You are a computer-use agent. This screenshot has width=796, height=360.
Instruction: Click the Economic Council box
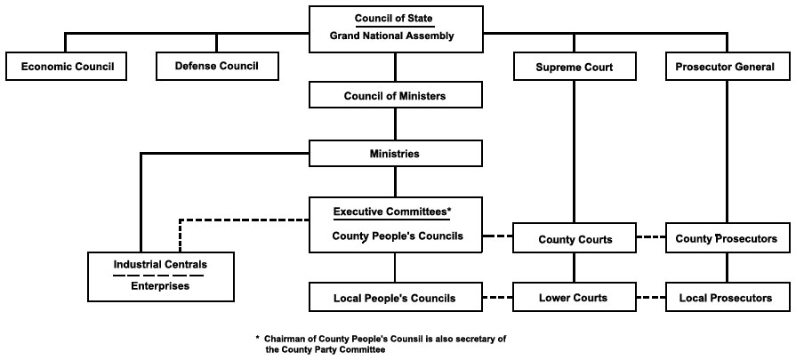68,67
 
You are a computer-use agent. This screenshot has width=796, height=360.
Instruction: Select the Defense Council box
218,67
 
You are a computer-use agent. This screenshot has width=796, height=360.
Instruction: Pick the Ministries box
396,154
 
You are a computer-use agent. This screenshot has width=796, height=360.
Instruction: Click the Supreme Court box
574,67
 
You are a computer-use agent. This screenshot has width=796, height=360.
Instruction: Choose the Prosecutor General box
727,67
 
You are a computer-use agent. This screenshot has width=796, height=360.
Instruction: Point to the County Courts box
574,239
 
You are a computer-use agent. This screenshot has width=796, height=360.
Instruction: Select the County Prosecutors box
727,238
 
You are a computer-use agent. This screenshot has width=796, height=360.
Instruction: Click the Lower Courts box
574,298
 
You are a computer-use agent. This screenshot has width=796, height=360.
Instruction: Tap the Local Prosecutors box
727,298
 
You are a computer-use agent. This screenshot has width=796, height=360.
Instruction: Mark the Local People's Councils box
396,298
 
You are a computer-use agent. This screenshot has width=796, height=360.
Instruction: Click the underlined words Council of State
395,19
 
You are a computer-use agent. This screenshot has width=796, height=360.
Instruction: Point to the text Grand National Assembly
395,36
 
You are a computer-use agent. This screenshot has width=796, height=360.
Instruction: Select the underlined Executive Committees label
392,212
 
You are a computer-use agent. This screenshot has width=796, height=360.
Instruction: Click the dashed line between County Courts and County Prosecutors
650,237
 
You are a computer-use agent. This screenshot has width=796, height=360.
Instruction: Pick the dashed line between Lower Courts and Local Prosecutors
650,297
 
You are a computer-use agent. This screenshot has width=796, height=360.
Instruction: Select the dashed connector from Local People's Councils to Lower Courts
498,297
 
